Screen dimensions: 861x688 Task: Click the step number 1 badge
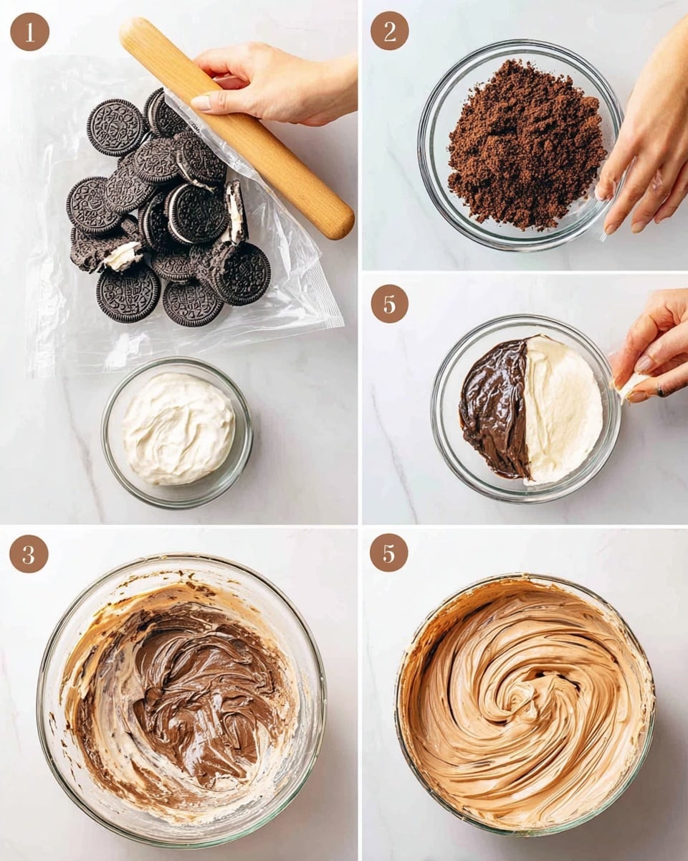(x=29, y=32)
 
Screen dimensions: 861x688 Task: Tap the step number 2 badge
(x=389, y=31)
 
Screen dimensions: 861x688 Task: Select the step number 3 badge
(x=29, y=553)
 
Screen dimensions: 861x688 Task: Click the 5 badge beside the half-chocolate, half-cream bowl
(x=389, y=304)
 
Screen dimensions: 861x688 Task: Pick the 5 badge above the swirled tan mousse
(x=389, y=552)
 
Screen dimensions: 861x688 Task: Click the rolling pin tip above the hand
(x=136, y=32)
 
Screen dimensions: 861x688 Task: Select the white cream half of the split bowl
(x=563, y=409)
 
